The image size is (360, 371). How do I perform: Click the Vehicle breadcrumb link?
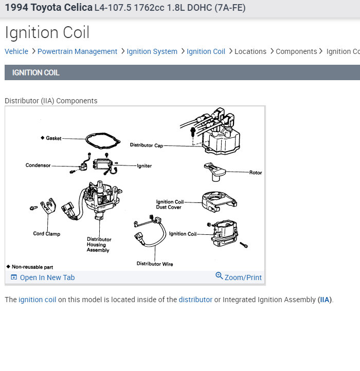(x=16, y=51)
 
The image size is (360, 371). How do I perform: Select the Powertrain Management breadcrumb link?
(x=77, y=51)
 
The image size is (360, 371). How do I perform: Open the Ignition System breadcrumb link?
(x=152, y=51)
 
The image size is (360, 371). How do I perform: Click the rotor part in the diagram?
(x=214, y=172)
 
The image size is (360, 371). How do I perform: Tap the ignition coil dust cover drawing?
(x=219, y=201)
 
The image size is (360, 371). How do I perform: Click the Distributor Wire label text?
(x=155, y=264)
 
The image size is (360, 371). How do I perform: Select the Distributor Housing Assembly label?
(x=99, y=245)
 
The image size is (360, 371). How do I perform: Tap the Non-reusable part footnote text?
(x=32, y=267)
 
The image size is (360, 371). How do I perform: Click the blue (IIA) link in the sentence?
(x=324, y=300)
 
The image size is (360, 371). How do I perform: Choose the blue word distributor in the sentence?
(x=195, y=300)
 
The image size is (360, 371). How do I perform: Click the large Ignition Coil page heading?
(x=47, y=32)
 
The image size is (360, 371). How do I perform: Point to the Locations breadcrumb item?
(x=250, y=51)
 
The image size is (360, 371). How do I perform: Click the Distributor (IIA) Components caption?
(x=51, y=101)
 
